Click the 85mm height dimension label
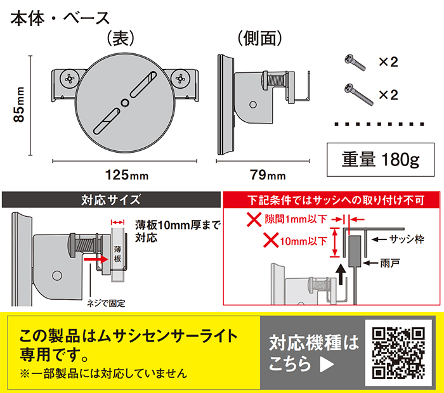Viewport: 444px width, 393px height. click(x=19, y=105)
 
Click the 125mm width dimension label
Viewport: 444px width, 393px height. click(x=127, y=175)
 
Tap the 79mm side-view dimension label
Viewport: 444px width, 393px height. click(x=268, y=175)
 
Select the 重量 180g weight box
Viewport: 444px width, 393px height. click(x=381, y=160)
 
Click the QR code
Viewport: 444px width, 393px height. click(x=398, y=353)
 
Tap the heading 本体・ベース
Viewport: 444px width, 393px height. click(x=60, y=18)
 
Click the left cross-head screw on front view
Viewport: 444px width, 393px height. click(x=69, y=79)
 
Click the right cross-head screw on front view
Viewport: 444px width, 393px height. click(x=180, y=79)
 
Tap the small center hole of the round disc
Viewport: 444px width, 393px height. click(x=124, y=103)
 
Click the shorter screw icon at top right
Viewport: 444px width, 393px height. click(x=355, y=62)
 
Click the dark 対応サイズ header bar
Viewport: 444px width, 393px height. click(x=111, y=200)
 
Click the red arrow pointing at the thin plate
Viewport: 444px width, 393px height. click(x=96, y=259)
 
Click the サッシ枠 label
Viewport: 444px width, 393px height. click(x=407, y=240)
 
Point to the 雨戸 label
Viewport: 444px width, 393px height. click(x=390, y=263)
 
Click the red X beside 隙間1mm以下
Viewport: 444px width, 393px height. click(x=254, y=219)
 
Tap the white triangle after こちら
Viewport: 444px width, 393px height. click(x=327, y=364)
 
